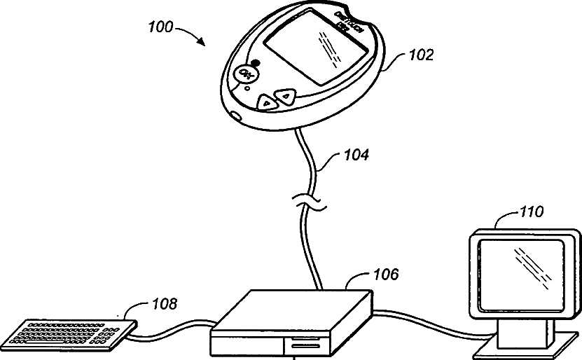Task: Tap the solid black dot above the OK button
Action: point(254,62)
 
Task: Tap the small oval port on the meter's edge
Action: point(235,114)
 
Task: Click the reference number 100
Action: point(160,28)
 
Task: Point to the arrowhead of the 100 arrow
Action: point(204,44)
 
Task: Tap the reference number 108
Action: point(163,304)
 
